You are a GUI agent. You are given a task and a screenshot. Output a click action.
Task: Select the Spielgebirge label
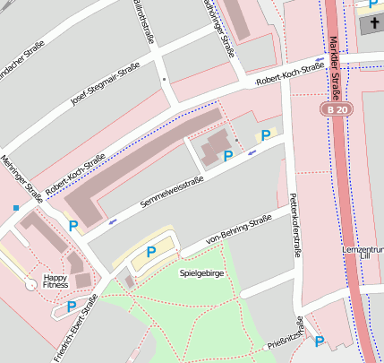[201, 271]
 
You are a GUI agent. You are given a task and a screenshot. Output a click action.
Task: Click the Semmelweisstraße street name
[172, 193]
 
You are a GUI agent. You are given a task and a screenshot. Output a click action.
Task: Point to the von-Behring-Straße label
[238, 229]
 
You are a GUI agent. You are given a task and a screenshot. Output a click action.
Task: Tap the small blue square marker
[15, 208]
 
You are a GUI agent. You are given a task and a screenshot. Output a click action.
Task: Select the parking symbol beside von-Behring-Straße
[151, 253]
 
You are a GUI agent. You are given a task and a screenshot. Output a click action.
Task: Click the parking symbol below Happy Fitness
[71, 307]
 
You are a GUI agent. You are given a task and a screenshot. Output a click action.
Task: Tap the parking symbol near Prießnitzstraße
[319, 341]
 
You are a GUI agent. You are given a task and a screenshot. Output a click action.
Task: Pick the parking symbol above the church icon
[373, 4]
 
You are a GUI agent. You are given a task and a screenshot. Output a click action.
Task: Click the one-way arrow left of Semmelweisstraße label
[112, 220]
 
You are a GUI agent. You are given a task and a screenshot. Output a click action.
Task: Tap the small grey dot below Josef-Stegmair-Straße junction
[164, 80]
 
